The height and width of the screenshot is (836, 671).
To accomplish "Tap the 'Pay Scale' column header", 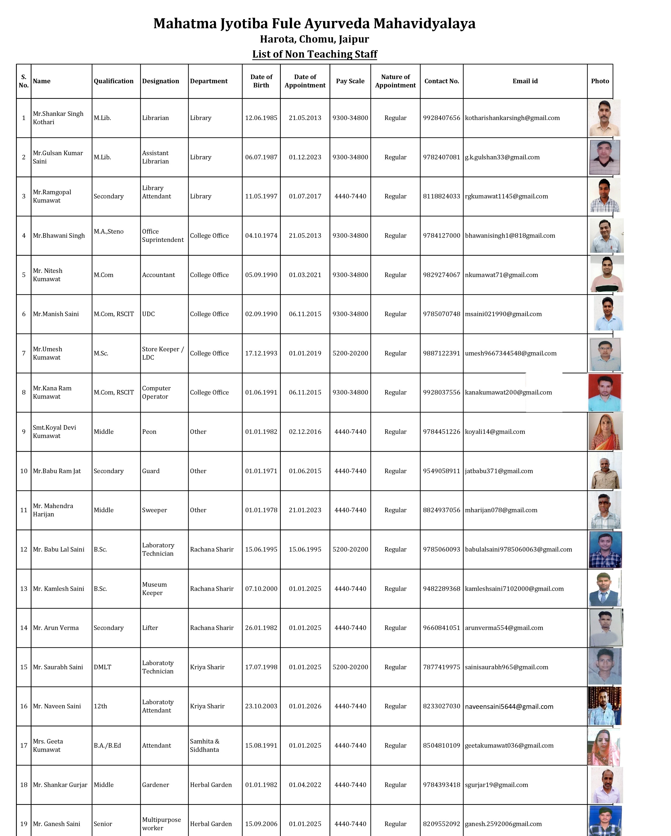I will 350,81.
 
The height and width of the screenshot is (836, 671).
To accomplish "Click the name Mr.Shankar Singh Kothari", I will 58,118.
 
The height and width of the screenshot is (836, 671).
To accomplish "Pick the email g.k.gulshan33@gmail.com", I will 502,157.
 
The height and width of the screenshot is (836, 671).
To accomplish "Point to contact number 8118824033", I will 441,196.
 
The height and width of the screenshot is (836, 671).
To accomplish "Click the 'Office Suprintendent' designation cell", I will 163,235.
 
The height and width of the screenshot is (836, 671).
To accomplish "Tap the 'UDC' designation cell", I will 148,314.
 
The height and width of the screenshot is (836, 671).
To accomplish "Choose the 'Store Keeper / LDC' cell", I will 163,353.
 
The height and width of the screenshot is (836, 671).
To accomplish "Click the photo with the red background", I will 605,392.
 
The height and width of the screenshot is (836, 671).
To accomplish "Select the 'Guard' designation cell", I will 151,471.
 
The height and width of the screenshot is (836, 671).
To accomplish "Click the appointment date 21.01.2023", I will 305,510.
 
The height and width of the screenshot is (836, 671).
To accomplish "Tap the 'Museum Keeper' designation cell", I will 154,589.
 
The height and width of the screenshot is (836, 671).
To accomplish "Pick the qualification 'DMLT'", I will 103,667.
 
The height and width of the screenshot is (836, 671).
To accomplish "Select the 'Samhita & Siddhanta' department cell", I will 205,745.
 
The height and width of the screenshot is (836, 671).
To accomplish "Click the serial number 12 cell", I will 24,549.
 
